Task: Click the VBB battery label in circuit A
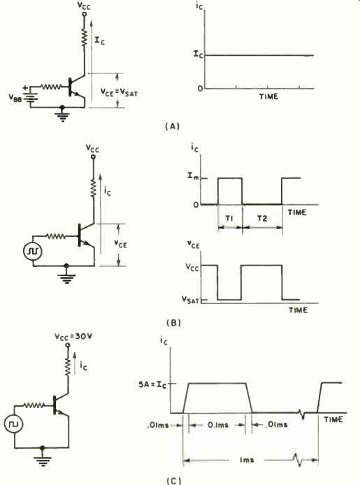15,98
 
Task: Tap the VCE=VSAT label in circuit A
119,92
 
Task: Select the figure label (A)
173,126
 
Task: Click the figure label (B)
173,323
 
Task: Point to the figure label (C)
173,481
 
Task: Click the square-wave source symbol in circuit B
33,251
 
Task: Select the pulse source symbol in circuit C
14,424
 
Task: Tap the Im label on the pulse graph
193,176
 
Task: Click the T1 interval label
229,218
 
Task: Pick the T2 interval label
262,218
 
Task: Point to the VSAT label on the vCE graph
190,299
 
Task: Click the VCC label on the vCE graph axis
192,267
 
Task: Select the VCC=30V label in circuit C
73,337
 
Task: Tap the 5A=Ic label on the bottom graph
152,385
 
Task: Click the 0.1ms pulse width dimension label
217,425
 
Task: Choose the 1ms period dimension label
247,460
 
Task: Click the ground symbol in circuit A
62,116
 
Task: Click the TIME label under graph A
268,96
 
